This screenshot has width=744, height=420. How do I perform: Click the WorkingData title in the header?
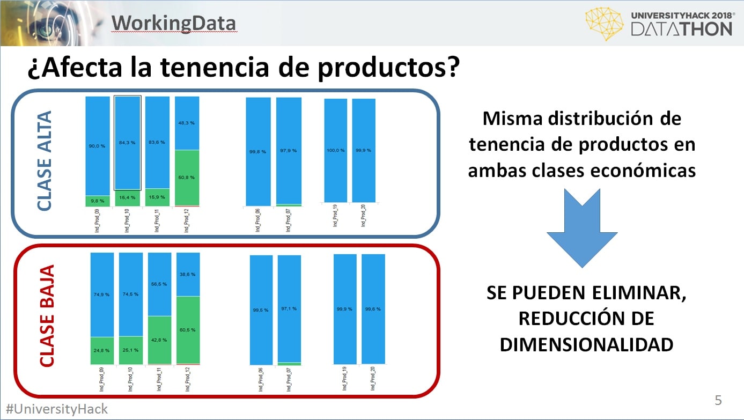[174, 23]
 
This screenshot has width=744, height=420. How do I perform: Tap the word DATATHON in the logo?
[681, 29]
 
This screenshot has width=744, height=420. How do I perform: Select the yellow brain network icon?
[604, 24]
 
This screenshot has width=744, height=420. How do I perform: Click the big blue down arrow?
[582, 228]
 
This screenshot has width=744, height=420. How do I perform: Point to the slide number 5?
[718, 400]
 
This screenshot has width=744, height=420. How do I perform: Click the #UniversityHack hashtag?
[57, 409]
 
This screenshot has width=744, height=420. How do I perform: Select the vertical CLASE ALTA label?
[45, 161]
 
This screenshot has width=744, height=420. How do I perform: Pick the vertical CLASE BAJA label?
[47, 316]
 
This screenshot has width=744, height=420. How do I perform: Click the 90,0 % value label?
[97, 146]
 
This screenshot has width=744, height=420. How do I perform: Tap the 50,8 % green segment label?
[186, 178]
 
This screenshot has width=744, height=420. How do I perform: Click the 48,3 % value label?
[186, 123]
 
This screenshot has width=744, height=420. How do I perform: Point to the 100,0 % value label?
[335, 150]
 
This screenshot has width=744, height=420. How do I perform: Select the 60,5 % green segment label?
[187, 330]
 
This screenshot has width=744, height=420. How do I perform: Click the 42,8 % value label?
[159, 340]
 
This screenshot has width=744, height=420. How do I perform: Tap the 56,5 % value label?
[159, 284]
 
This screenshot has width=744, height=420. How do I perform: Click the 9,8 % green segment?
[98, 201]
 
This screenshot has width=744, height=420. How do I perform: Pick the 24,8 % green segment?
[102, 351]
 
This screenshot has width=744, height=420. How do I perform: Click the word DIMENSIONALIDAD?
[586, 344]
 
